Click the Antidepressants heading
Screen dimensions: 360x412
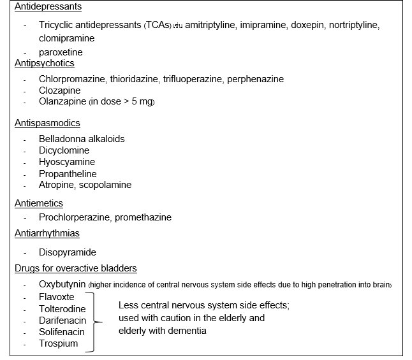click(47, 6)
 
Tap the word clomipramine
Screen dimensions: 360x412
click(66, 38)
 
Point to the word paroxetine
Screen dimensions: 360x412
click(61, 52)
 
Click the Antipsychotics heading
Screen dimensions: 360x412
click(45, 63)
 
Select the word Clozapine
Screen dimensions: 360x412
click(59, 90)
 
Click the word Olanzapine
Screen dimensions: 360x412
click(62, 101)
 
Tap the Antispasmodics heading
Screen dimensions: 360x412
click(47, 123)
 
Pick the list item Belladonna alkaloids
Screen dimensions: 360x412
click(82, 139)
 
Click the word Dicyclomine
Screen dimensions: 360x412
click(64, 150)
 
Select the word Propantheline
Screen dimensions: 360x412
click(68, 174)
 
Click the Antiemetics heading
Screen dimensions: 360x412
click(39, 203)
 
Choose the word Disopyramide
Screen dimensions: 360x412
click(67, 252)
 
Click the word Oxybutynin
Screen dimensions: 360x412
click(62, 284)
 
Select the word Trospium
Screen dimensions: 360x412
click(58, 343)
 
